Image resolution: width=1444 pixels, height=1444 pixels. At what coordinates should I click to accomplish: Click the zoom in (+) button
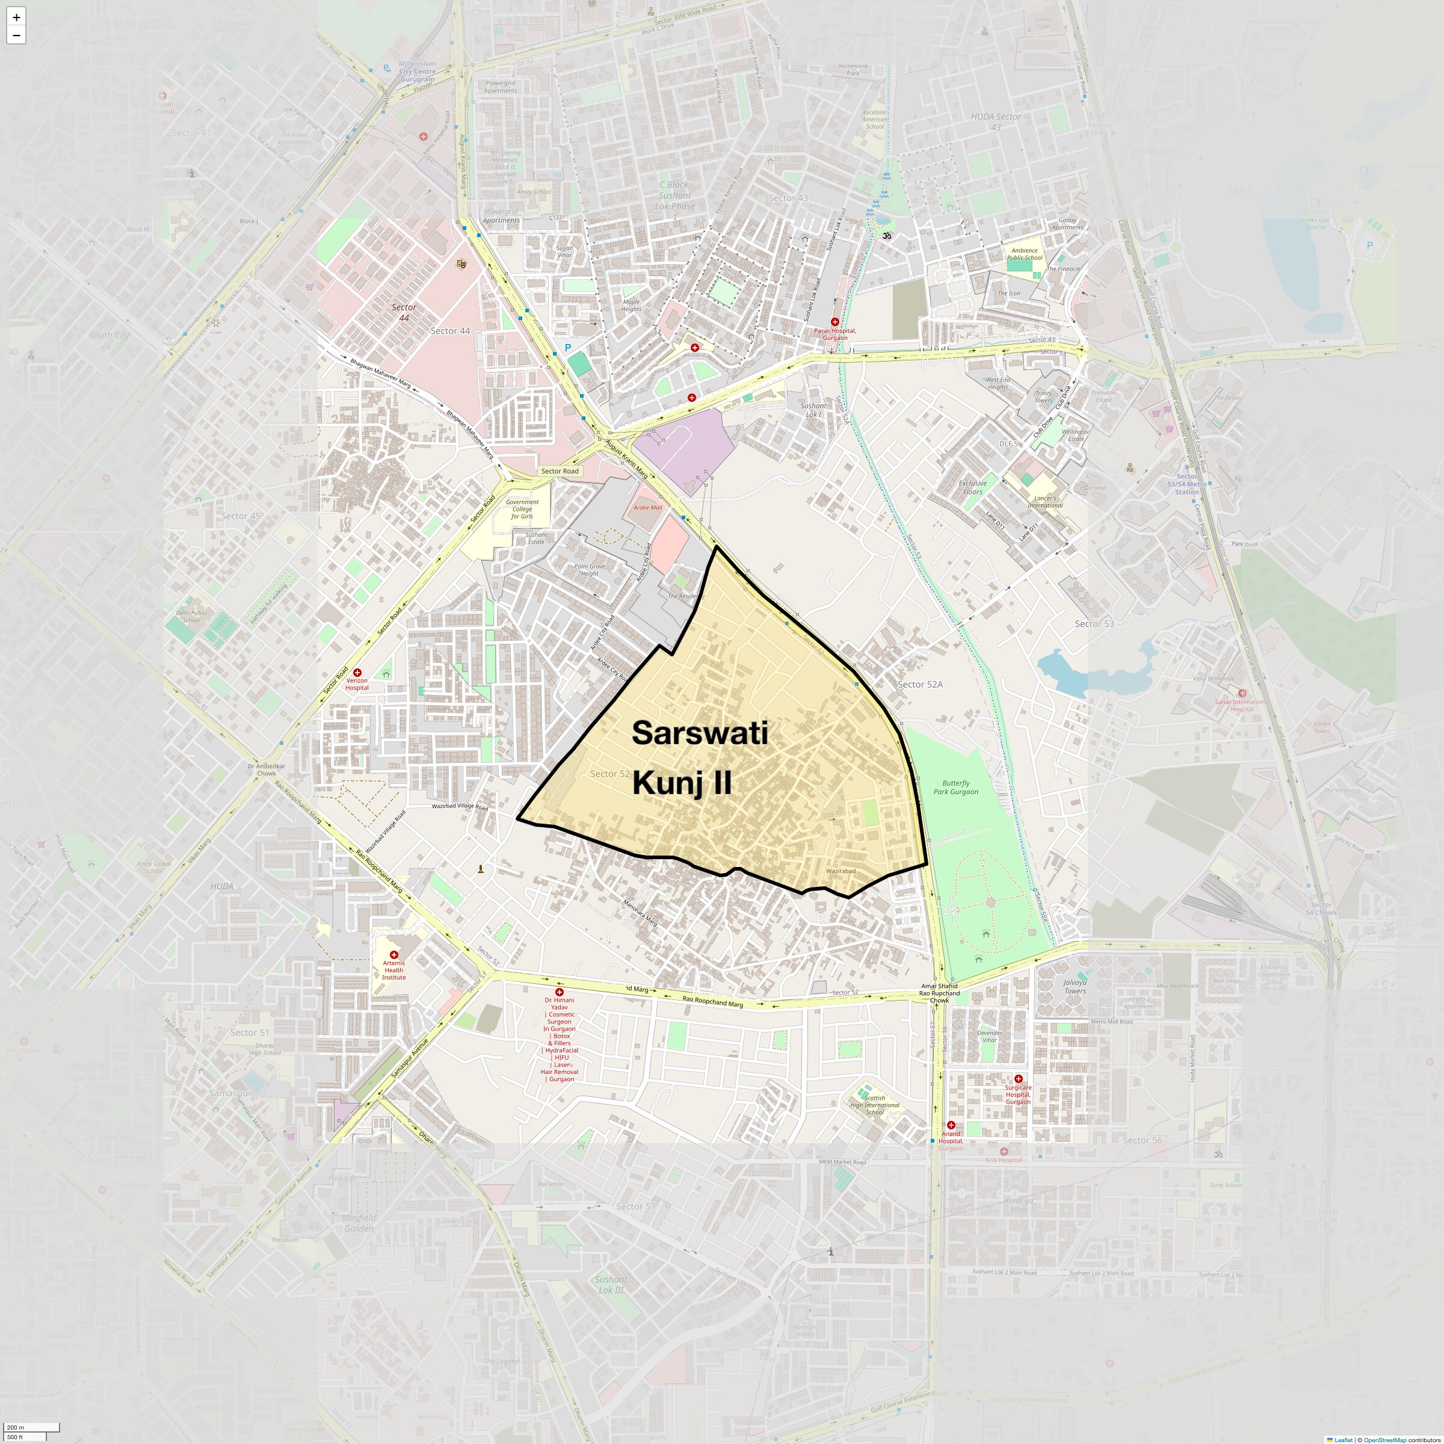(x=16, y=16)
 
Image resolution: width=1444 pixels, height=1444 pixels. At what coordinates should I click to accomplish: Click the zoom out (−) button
(x=16, y=35)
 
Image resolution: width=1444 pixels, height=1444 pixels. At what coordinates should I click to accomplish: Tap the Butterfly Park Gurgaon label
(x=955, y=787)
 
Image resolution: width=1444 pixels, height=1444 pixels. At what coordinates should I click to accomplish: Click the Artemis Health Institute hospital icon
(x=394, y=954)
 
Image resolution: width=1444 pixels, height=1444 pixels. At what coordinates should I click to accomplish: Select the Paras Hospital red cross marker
(x=835, y=322)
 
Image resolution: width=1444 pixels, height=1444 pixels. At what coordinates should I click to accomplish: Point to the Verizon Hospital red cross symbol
(x=357, y=673)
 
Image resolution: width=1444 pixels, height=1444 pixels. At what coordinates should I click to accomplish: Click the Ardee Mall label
(x=647, y=507)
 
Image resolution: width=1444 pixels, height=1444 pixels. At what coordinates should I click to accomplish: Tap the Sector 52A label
(x=919, y=684)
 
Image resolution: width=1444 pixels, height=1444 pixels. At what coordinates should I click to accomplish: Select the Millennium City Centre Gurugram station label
(x=417, y=72)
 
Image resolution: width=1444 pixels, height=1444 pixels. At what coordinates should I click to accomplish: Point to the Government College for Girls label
(x=522, y=509)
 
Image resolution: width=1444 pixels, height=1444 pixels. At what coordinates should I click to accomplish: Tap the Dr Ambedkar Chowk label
(x=266, y=769)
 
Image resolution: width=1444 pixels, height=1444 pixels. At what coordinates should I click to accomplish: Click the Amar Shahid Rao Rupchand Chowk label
(x=939, y=993)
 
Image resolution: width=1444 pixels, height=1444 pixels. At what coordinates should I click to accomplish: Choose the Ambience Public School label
(x=1024, y=254)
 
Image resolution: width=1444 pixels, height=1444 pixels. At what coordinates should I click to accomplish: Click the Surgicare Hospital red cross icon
(x=1018, y=1079)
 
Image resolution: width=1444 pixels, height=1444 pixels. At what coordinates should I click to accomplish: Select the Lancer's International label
(x=1045, y=502)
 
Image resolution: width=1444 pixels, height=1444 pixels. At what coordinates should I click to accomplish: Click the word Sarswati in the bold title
(x=700, y=733)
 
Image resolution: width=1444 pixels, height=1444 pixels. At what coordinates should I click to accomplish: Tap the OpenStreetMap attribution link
(x=1384, y=1440)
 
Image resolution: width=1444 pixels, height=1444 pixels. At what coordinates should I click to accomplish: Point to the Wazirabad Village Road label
(x=460, y=806)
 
